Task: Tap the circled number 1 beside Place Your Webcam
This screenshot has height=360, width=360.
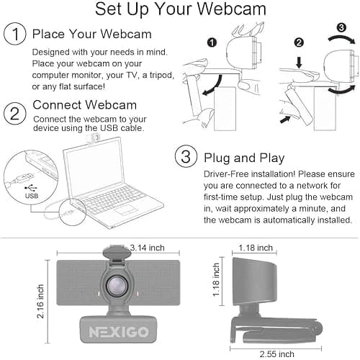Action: click(15, 35)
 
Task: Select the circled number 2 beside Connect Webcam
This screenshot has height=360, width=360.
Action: click(15, 112)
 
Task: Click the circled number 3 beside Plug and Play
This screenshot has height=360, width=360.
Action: click(186, 158)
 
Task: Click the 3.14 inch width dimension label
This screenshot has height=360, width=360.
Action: click(148, 248)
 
